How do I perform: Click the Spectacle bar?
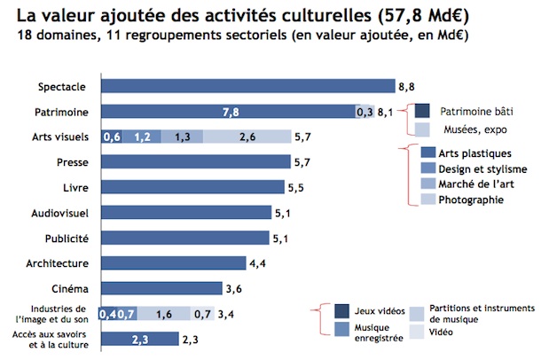point(248,86)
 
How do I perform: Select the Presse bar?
point(197,161)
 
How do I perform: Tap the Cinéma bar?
point(162,288)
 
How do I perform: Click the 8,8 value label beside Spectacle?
point(405,87)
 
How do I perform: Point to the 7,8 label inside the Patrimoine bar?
point(230,112)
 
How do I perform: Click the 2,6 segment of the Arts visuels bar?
point(248,137)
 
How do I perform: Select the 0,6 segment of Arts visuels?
point(113,137)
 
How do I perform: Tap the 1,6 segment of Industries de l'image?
point(164,313)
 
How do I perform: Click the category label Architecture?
point(64,263)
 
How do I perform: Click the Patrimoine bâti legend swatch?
point(422,111)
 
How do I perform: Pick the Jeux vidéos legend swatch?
point(341,311)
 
